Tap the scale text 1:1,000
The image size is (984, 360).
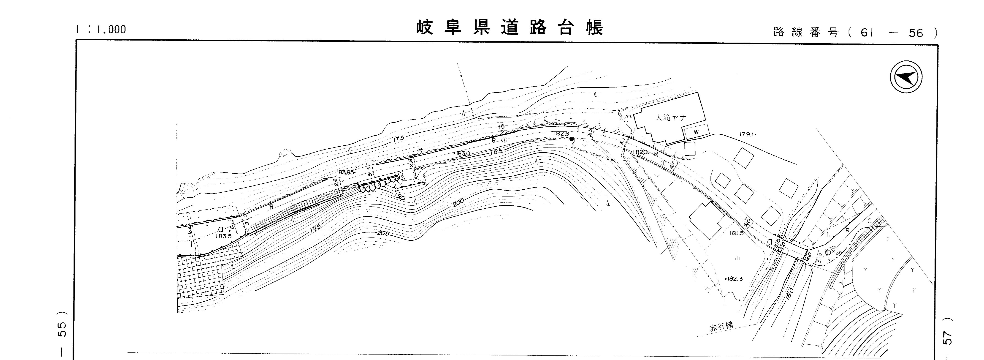(101, 29)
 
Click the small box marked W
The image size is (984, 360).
(696, 132)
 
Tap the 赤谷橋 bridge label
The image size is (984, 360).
(721, 327)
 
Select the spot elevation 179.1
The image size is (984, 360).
(747, 134)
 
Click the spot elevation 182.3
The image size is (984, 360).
(734, 279)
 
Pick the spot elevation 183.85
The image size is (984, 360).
(346, 172)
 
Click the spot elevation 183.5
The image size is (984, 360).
(223, 236)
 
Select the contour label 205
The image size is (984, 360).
(383, 233)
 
